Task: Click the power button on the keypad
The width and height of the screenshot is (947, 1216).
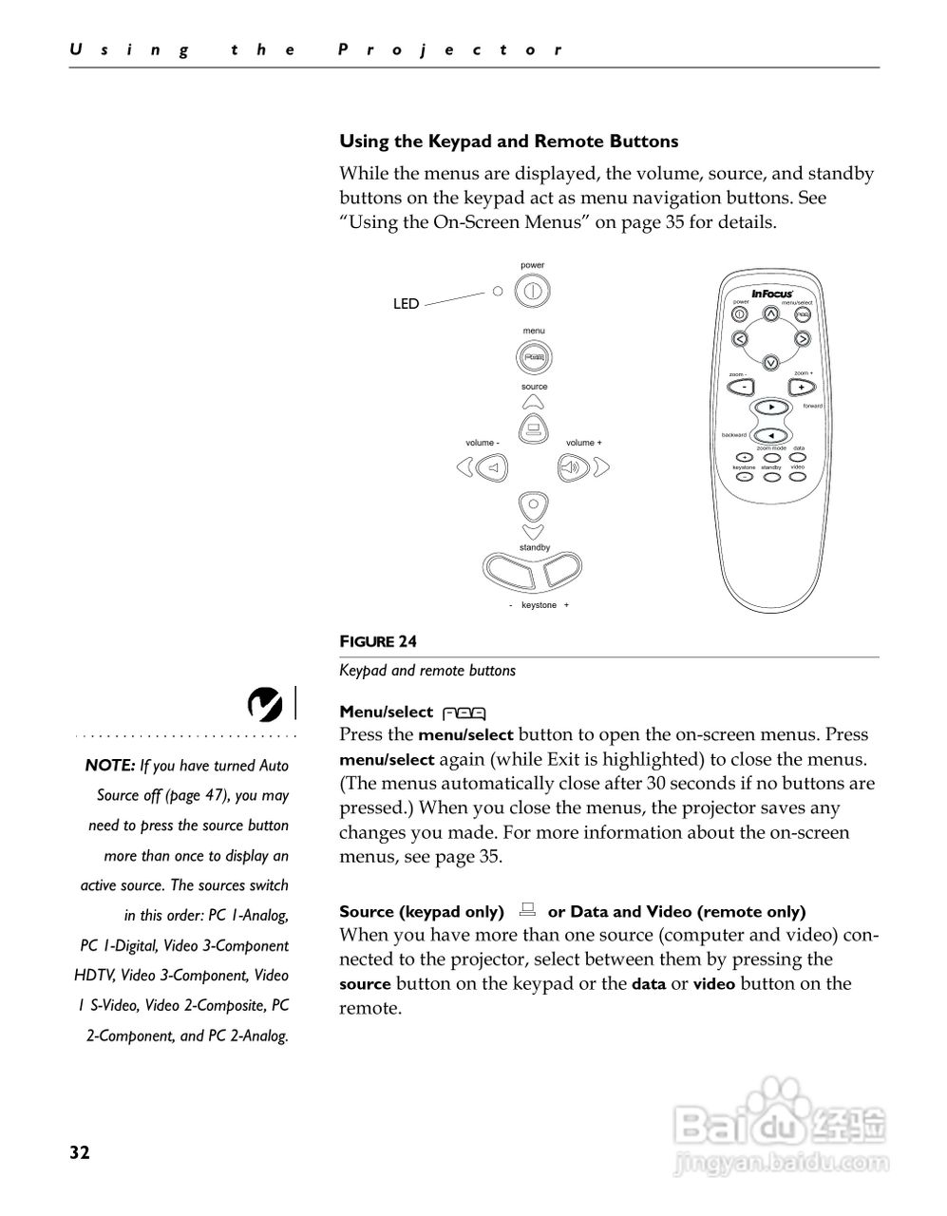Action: point(533,291)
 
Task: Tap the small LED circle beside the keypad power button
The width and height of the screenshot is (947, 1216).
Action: point(497,291)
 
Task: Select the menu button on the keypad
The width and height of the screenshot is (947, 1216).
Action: point(534,358)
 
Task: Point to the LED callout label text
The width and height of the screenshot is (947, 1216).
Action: point(406,304)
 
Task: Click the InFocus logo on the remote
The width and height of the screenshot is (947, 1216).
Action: point(772,294)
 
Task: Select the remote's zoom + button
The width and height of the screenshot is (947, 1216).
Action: point(802,387)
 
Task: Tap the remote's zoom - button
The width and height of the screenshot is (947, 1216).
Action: point(742,387)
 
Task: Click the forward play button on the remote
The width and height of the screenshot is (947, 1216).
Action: point(772,407)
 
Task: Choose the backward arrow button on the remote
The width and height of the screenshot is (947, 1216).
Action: point(771,436)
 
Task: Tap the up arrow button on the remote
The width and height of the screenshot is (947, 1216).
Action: point(771,313)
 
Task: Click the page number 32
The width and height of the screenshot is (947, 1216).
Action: point(79,1153)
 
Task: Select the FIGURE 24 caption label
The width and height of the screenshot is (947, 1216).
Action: point(378,642)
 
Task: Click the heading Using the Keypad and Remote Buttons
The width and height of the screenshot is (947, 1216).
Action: point(509,142)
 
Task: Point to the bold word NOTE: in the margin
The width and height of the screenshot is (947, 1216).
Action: point(110,766)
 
